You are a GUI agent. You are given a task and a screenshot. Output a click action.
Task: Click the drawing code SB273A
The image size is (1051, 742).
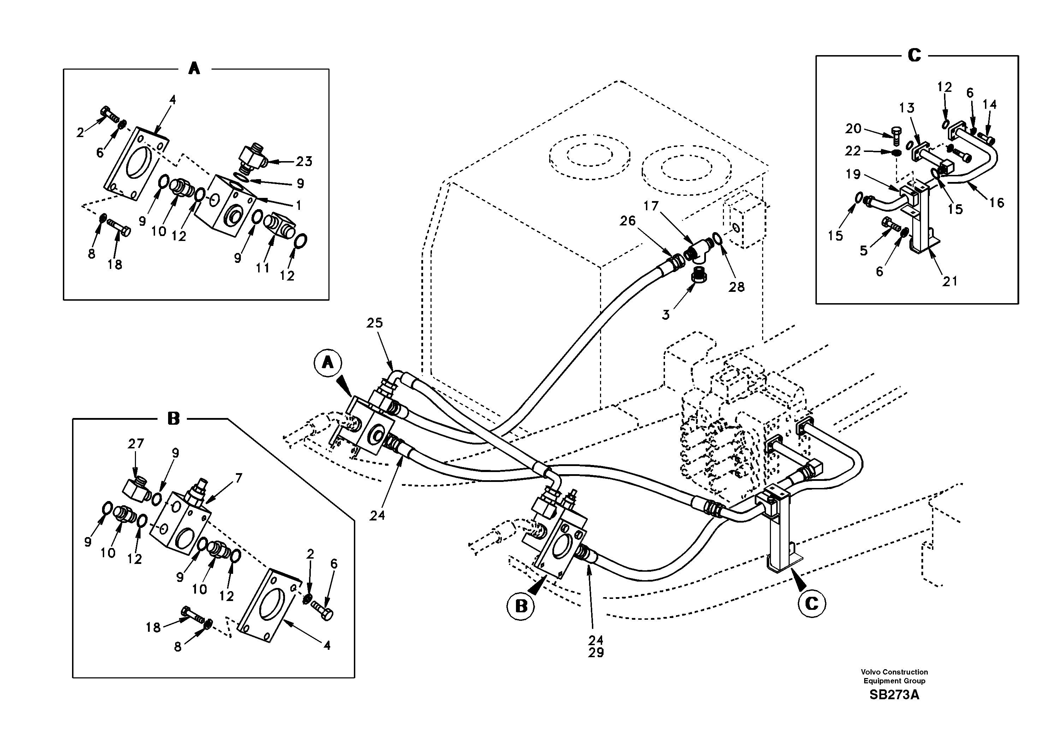[894, 695]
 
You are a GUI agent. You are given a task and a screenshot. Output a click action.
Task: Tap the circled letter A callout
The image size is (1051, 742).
[328, 363]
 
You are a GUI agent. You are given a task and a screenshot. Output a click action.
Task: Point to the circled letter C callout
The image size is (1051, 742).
[812, 604]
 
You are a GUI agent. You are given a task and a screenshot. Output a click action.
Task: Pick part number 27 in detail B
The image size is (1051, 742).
[136, 443]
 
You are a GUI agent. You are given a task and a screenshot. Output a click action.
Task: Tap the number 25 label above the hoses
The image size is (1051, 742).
[374, 323]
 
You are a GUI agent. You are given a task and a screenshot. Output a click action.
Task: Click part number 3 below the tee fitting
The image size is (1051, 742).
[666, 315]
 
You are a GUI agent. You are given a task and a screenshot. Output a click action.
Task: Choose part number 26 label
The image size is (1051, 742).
[628, 221]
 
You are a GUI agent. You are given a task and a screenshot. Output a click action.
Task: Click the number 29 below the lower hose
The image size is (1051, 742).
[596, 653]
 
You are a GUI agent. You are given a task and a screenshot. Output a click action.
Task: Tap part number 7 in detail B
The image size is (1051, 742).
[238, 478]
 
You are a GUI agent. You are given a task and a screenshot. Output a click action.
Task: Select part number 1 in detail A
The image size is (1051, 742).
[298, 205]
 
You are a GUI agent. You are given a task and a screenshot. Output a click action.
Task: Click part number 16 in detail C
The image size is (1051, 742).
[997, 202]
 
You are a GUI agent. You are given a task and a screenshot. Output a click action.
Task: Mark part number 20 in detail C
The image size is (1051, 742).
[853, 129]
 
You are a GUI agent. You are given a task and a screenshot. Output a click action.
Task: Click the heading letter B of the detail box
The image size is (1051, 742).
[173, 418]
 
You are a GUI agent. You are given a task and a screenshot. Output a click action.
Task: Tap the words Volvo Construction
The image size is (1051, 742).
[894, 672]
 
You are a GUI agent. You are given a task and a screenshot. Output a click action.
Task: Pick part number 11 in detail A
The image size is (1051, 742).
[262, 267]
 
